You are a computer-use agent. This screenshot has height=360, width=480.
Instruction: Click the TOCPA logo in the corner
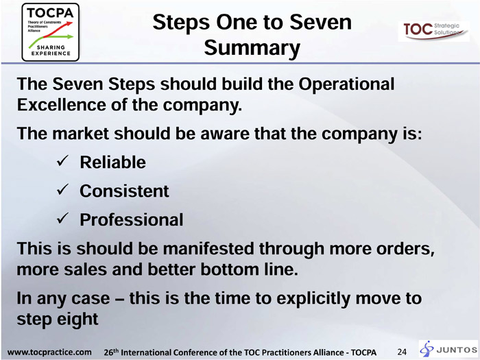coord(51,32)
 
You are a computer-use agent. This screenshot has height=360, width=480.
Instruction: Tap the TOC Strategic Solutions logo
coord(433,32)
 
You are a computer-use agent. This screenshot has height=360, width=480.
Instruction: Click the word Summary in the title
coord(252,48)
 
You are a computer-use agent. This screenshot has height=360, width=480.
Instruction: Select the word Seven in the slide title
coord(320,22)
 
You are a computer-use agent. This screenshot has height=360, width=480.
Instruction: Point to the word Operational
coord(346,84)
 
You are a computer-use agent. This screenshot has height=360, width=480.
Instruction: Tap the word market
coord(80,134)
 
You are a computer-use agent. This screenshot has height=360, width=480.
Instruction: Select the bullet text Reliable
coord(112,162)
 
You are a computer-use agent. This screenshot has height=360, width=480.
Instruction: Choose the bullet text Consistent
coord(124,191)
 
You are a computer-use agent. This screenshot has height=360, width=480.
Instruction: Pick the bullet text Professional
coord(132,219)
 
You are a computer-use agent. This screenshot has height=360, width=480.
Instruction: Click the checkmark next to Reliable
coord(63,161)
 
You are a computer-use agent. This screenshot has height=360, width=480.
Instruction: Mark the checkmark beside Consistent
coord(63,190)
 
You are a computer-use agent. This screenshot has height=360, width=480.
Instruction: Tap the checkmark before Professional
coord(63,219)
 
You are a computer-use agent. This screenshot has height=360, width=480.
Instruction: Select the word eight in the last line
coord(76,320)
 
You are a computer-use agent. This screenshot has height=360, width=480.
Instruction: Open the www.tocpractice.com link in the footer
coord(49,352)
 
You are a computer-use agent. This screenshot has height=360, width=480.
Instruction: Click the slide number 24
coord(402,352)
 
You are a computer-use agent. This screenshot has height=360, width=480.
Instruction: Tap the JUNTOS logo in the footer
coord(448,349)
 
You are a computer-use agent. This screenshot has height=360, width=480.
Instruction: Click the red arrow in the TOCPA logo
coord(58,29)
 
